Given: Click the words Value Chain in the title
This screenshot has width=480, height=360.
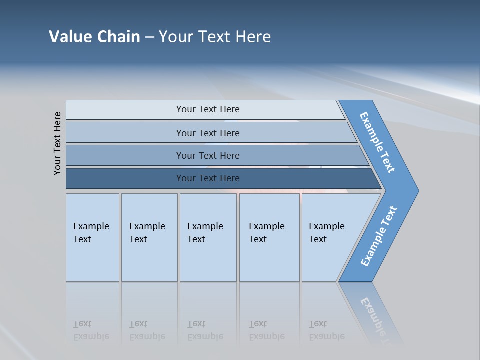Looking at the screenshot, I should coord(94,37).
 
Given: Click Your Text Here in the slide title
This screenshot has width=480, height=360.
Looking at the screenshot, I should coord(215,37).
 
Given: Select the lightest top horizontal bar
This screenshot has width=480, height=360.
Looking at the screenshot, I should coord(207,109).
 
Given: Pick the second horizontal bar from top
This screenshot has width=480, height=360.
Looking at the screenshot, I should coord(207,133).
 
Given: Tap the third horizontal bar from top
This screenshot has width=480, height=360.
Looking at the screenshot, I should coord(207,155).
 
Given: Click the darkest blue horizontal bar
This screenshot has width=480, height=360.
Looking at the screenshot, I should coord(207,178).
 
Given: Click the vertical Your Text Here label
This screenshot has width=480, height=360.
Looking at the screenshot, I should coord(57,143).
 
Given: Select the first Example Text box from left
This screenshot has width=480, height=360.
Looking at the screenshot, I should coord(92,237).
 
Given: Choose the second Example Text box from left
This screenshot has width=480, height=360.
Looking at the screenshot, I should coord(149,237).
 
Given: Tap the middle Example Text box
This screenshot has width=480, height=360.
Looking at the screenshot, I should coord(208,237).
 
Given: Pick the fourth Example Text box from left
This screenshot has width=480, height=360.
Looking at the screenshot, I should coord(269,237).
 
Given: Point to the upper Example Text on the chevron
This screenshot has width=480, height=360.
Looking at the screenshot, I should coord(377,142).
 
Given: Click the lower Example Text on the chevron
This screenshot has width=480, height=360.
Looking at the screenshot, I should coord(378,236).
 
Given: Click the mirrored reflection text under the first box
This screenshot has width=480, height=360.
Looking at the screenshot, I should coord(91,331).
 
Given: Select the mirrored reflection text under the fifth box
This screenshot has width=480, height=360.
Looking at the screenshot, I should coord(327,331).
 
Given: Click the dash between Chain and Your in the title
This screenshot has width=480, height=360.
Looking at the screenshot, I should coord(149,37).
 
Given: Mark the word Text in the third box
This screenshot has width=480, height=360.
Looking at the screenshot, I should coord(196,239).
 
